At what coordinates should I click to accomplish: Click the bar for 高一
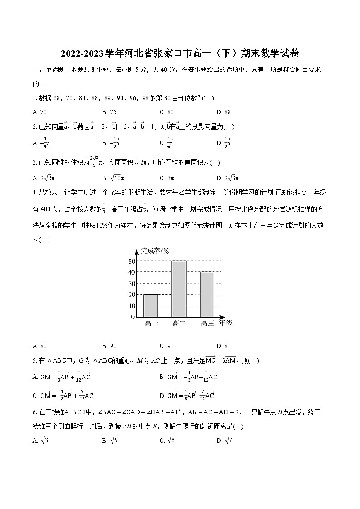tap(151, 305)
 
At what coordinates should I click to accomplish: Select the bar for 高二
tap(179, 289)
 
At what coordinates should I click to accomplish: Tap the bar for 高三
tap(207, 294)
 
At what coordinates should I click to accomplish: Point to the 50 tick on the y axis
tap(132, 261)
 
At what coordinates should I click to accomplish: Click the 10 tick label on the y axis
tap(132, 305)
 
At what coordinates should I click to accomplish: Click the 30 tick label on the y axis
tap(132, 283)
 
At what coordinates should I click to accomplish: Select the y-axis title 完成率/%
tap(155, 251)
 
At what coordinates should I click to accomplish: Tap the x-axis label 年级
tap(225, 323)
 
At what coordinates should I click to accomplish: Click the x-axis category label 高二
tap(179, 324)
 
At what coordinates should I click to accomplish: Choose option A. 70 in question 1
tap(40, 112)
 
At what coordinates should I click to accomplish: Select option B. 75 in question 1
tap(109, 112)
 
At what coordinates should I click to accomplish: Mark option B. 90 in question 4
tap(109, 346)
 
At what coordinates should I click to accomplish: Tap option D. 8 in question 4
tap(222, 346)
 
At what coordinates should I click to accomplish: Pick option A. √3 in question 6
tap(40, 441)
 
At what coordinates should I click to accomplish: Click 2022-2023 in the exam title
tap(83, 54)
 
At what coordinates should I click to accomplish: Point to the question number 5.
tap(34, 361)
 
